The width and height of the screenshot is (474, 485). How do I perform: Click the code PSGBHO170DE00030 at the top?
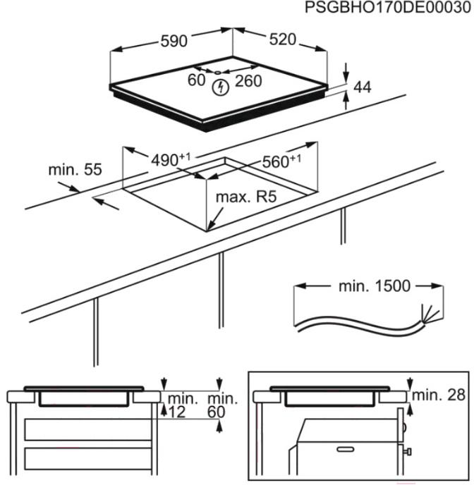[x=387, y=8]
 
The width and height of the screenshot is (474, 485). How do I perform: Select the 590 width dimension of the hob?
[x=172, y=41]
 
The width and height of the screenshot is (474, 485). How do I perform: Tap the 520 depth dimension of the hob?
[x=282, y=39]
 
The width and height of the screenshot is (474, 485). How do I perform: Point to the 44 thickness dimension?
[x=363, y=87]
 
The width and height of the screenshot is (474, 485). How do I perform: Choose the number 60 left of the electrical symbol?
[x=196, y=80]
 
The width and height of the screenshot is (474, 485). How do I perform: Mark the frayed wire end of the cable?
[x=429, y=313]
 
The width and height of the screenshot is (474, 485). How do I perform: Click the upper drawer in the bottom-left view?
[x=88, y=429]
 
